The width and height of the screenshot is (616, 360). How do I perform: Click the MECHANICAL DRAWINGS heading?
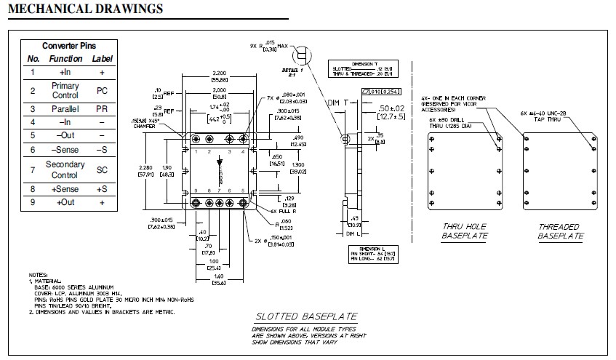coord(85,9)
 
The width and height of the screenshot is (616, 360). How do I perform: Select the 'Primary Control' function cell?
coord(65,91)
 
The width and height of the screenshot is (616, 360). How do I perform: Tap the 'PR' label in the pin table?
coord(102,109)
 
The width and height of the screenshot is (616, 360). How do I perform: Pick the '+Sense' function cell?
coord(65,189)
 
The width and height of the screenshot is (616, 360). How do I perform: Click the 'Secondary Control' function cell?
coord(65,170)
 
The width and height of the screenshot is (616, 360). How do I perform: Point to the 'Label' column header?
coord(103,58)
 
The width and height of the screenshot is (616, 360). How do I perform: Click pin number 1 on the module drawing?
coord(196,152)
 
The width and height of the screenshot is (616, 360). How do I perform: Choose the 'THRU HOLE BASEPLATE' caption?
coord(465,231)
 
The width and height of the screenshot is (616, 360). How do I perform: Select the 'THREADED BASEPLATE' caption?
coord(560,231)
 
